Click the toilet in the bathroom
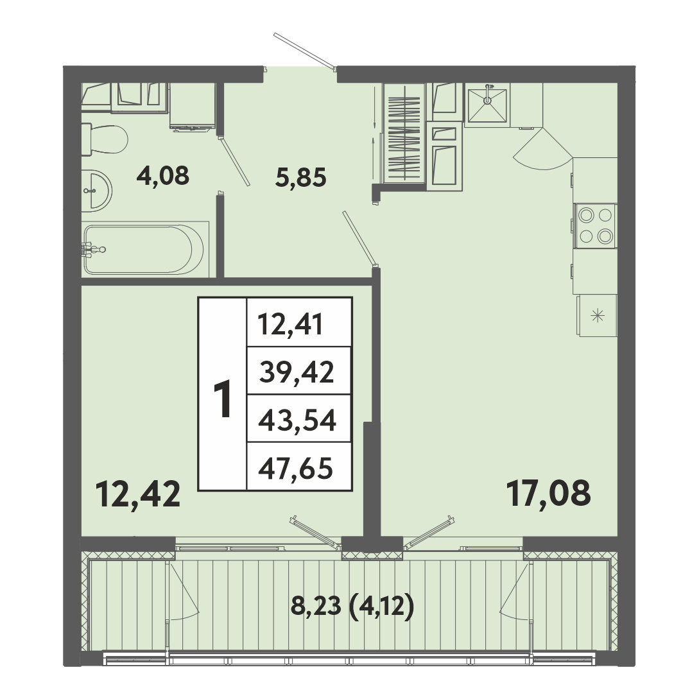click(105, 139)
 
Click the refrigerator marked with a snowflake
click(598, 316)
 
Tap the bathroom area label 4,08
click(163, 176)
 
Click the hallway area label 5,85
click(301, 177)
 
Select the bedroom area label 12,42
click(138, 494)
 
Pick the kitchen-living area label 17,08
click(549, 493)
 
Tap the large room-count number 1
click(223, 399)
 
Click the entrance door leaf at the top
click(304, 51)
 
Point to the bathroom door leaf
click(234, 161)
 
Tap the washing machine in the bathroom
click(193, 107)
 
